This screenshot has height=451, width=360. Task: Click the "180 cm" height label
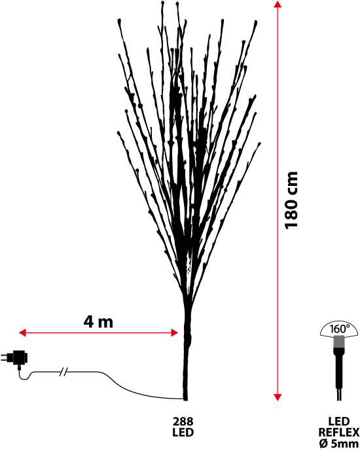(x=291, y=200)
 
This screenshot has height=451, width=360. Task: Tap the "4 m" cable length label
(x=98, y=322)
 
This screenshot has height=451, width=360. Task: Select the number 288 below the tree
(x=183, y=422)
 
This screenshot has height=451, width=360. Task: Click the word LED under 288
(x=183, y=432)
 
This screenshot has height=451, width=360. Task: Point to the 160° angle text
(x=340, y=329)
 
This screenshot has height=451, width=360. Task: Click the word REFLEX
(x=339, y=432)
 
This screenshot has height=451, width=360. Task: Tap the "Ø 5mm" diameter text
(x=339, y=443)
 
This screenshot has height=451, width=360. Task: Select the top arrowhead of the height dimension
(x=277, y=4)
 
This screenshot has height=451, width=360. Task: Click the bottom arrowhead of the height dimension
(x=277, y=397)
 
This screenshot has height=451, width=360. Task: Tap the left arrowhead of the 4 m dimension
(x=22, y=333)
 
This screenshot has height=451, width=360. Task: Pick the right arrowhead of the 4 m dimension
(x=175, y=333)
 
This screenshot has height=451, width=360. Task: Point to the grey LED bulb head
(x=339, y=342)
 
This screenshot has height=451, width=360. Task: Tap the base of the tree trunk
(x=185, y=399)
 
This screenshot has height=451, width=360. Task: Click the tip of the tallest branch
(x=163, y=3)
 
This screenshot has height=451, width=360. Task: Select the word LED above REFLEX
(x=339, y=422)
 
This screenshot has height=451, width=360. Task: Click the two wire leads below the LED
(x=339, y=395)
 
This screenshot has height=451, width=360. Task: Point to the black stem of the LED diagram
(x=339, y=368)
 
